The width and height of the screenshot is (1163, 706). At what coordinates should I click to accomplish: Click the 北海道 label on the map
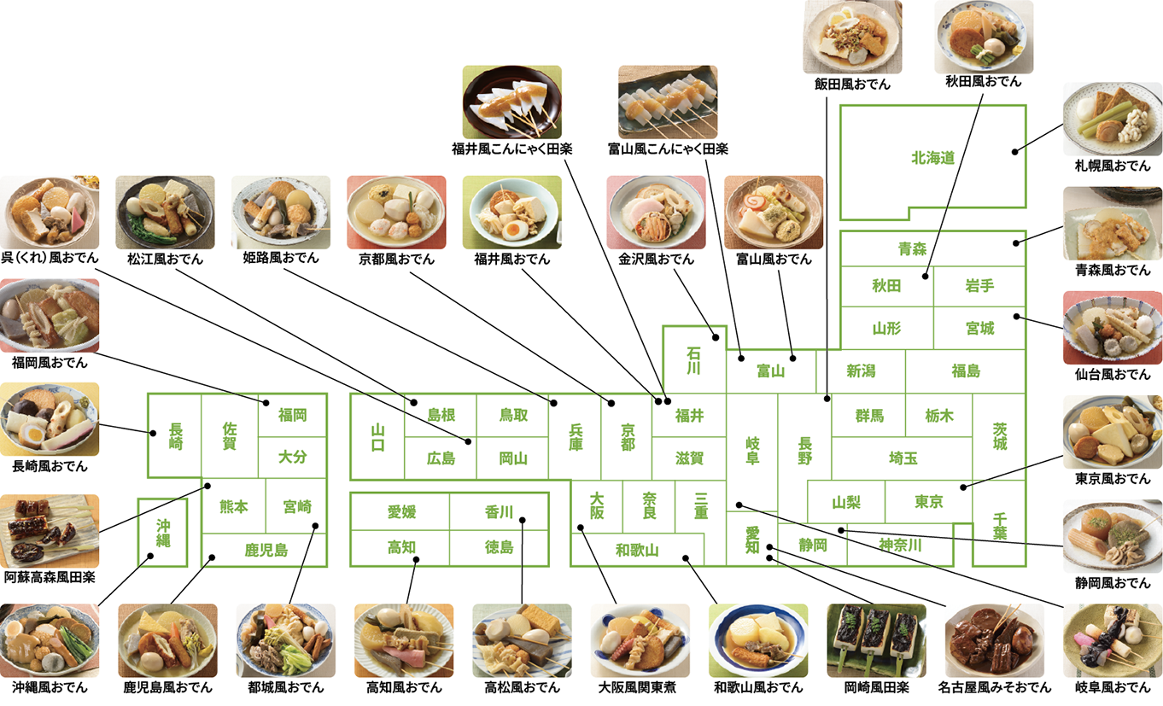(932, 158)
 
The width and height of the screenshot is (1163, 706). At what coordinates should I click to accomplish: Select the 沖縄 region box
(162, 532)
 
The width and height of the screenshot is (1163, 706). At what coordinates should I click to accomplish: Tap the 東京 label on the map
(928, 502)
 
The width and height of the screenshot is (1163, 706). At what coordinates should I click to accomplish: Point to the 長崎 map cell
(175, 435)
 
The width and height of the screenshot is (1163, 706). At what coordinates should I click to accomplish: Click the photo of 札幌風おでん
(1112, 120)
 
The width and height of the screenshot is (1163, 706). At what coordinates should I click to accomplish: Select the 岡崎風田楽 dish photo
(876, 640)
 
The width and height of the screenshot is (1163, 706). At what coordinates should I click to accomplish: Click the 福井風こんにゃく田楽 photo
(511, 102)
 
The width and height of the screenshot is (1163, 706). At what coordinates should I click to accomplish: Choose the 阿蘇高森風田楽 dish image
(49, 530)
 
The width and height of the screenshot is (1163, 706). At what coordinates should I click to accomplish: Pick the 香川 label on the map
(499, 512)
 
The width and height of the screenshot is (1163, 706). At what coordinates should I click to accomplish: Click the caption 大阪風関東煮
(640, 687)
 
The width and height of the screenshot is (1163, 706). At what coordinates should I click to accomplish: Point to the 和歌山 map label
(637, 550)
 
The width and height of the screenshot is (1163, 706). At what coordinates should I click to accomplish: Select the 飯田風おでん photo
(852, 37)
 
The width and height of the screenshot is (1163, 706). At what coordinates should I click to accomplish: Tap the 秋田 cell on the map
(886, 286)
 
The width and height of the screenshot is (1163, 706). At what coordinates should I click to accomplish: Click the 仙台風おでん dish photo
(1112, 328)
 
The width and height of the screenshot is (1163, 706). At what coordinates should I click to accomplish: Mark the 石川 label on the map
(694, 359)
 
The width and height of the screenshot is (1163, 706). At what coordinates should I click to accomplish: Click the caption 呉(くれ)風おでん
(50, 258)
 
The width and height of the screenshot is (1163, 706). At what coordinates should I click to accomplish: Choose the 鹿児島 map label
(266, 551)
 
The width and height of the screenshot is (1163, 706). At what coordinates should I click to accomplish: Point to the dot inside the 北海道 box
(1015, 152)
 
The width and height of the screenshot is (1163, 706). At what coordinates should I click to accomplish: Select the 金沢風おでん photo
(656, 212)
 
